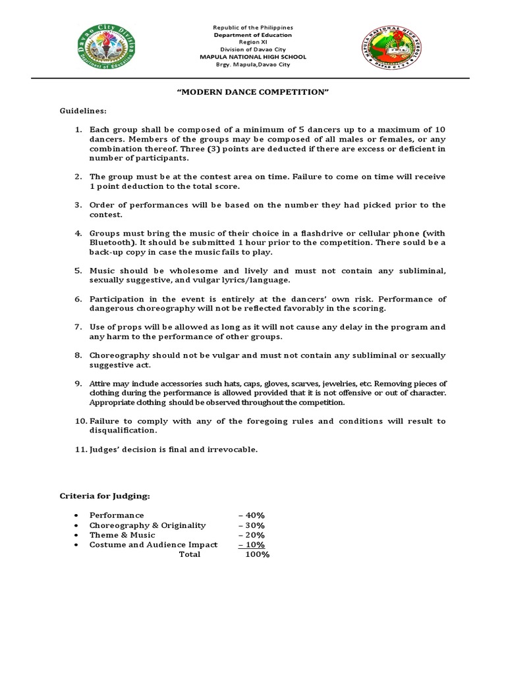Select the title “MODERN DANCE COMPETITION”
point(252,91)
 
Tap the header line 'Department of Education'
point(253,35)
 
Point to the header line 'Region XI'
point(253,42)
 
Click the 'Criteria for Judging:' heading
point(105,496)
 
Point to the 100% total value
point(257,555)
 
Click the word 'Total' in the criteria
point(190,555)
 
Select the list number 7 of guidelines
point(78,327)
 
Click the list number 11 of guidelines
point(80,450)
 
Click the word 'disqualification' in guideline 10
point(123,430)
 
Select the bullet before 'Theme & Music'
point(77,535)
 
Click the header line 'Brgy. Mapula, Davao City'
point(253,65)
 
